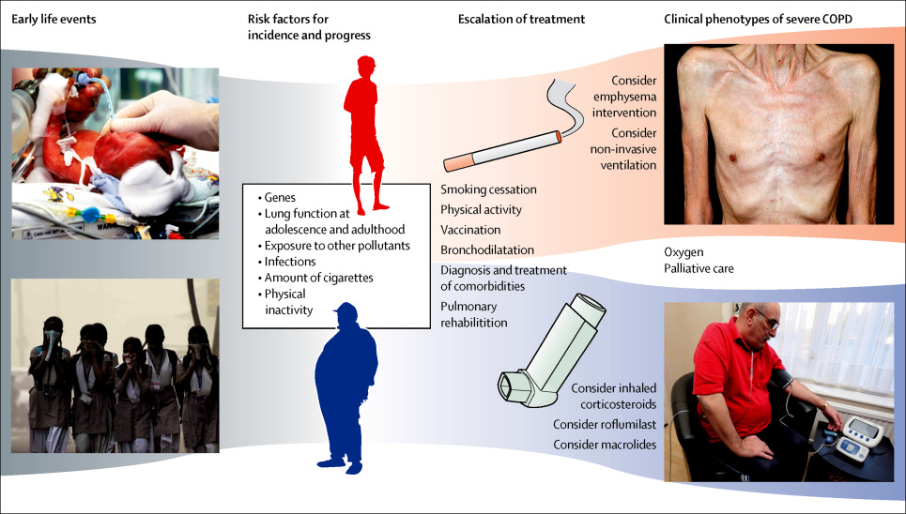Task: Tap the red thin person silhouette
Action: (x=366, y=131)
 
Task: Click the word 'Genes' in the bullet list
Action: (x=280, y=199)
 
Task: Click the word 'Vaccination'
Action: (x=470, y=229)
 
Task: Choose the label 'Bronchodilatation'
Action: (x=487, y=249)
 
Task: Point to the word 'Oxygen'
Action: (x=684, y=252)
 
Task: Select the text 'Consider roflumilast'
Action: (x=605, y=424)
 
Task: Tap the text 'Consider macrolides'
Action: (x=605, y=444)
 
